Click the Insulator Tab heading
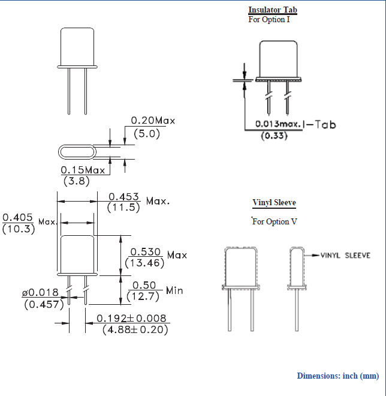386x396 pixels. coord(273,10)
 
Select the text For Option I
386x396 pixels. coord(269,19)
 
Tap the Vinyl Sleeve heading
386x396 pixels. coord(274,203)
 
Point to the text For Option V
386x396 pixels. coord(275,221)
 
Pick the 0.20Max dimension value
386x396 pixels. coord(153,121)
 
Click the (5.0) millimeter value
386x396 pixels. coord(147,134)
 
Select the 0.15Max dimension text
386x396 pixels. coord(83,170)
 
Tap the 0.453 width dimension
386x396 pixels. coord(124,197)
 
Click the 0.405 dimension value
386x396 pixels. coord(17,217)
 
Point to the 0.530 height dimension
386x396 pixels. coord(146,251)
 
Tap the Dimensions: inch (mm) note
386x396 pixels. coord(338,376)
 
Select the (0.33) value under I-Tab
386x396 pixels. coord(275,136)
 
